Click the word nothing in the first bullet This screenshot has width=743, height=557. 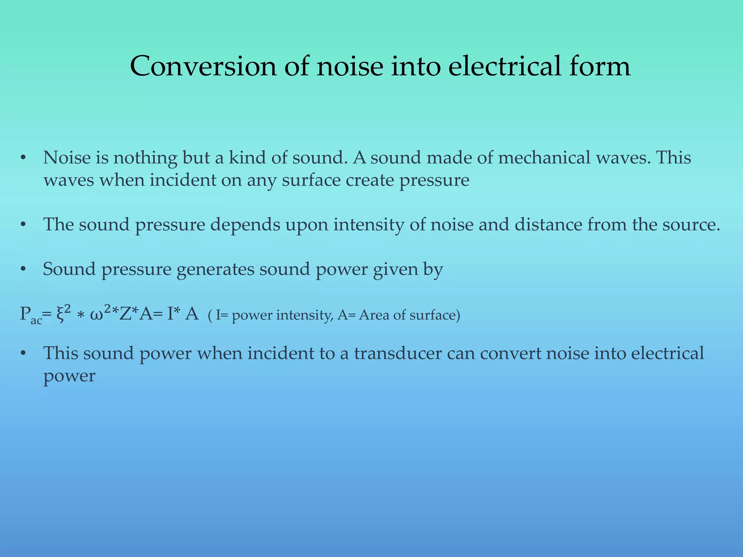coord(145,158)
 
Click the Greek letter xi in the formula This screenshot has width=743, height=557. coord(61,315)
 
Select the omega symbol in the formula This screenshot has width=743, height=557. coord(97,315)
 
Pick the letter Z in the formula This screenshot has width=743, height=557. coord(126,314)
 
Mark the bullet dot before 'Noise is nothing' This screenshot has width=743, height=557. coord(24,158)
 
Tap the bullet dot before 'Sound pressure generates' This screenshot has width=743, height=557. coord(24,270)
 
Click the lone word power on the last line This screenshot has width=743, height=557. coord(69,376)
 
